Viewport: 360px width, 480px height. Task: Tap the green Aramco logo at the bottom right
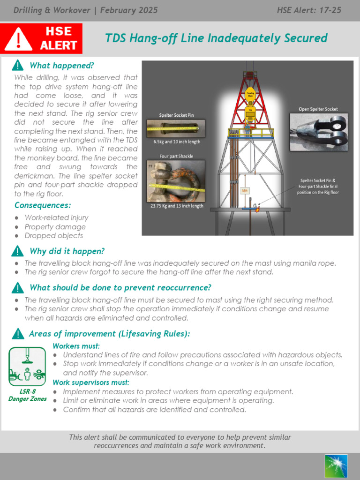336,466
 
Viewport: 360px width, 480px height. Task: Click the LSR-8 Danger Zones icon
27,367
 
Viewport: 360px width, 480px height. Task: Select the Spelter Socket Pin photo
175,128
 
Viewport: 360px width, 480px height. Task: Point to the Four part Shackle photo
175,181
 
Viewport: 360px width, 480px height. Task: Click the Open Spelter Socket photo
318,131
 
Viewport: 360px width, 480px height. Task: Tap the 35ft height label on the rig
244,190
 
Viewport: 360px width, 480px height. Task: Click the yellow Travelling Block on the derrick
250,93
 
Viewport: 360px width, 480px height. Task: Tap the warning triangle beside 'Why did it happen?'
18,251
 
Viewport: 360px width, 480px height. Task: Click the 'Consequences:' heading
43,205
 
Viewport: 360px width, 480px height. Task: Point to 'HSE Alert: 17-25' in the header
315,10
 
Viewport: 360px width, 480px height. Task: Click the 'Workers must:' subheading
76,346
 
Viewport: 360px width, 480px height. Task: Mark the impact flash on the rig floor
257,209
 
